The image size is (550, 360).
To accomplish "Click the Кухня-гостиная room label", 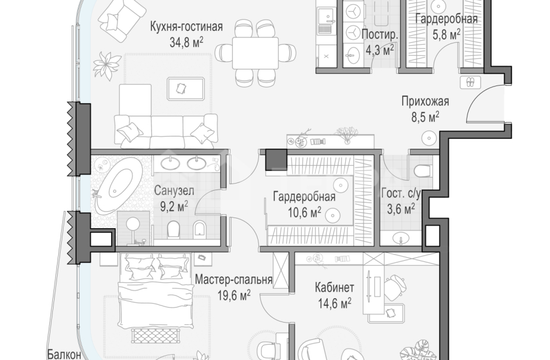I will click(186, 27).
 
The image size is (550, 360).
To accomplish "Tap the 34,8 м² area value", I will click(186, 41).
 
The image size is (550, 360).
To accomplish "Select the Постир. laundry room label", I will click(379, 35).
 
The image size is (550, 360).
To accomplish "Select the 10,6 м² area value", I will click(304, 211).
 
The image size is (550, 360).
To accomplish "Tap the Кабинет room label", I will click(334, 288).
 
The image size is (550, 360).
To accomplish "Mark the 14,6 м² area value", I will click(334, 302).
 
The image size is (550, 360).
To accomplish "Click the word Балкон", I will click(64, 355).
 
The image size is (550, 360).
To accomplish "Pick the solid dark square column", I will click(276, 160).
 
